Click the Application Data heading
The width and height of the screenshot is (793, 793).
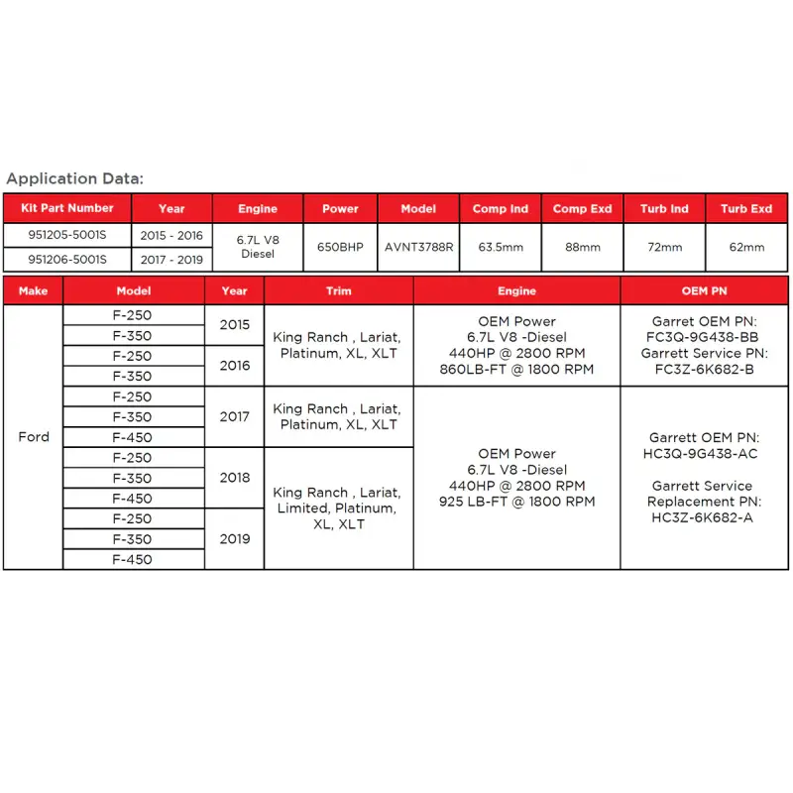(75, 179)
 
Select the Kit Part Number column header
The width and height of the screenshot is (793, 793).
(67, 208)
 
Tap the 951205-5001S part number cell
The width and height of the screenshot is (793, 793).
(67, 235)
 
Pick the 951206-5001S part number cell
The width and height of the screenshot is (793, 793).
(67, 260)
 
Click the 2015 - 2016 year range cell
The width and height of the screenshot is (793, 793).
(171, 235)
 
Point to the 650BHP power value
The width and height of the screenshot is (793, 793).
(340, 247)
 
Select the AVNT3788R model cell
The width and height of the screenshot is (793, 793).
(418, 247)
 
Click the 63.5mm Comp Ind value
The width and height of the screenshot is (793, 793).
(500, 247)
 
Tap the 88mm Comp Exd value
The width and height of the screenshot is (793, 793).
(582, 247)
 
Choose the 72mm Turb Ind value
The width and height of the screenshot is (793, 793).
(664, 247)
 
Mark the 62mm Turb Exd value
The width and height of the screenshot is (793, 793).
(746, 247)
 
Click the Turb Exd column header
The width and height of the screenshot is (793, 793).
(746, 209)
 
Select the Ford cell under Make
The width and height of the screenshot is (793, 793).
(34, 436)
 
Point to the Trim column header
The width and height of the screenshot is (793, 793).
(338, 291)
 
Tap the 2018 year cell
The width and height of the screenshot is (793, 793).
(235, 477)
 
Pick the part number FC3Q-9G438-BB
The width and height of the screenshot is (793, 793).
(702, 337)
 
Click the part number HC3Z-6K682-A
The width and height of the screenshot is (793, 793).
(702, 517)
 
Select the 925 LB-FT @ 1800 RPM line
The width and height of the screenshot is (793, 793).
(516, 502)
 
